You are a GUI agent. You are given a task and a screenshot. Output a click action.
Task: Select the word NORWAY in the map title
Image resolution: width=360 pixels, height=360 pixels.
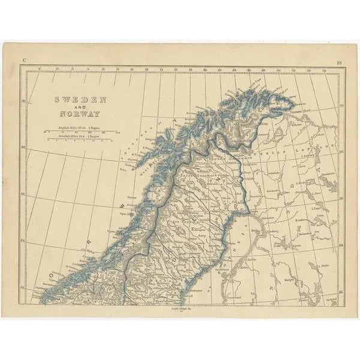click(80, 113)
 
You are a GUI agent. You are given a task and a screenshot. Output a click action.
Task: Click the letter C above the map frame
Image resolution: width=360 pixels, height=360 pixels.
click(24, 61)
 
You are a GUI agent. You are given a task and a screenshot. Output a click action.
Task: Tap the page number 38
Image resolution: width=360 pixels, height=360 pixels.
click(339, 61)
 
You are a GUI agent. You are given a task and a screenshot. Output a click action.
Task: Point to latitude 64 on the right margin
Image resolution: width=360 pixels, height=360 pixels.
click(340, 245)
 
